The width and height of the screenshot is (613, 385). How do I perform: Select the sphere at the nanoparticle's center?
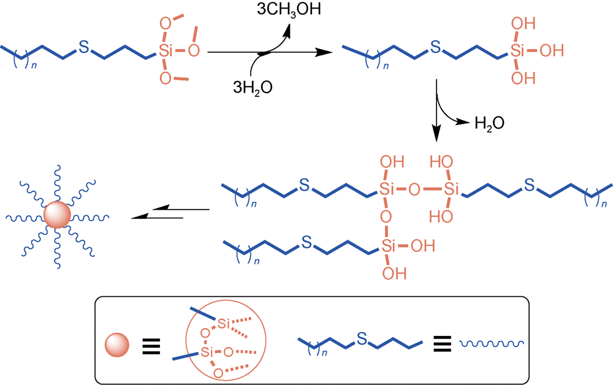(x=58, y=216)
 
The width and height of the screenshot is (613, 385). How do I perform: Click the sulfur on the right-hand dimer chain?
(x=530, y=183)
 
